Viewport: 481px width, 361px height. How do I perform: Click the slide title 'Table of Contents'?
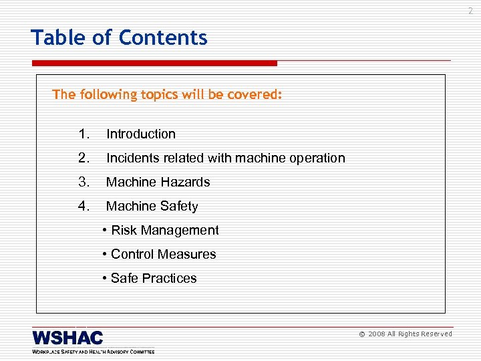coord(119,38)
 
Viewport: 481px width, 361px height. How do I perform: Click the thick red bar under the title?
coord(154,64)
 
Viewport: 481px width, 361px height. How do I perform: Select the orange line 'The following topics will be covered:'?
coord(167,95)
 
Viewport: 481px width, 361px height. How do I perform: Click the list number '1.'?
coord(84,134)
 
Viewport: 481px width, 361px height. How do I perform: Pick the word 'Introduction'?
coord(141,134)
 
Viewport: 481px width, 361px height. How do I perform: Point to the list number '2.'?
coord(84,158)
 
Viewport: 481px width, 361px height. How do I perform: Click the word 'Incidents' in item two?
coord(132,158)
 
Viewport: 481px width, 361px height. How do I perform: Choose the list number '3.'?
coord(84,183)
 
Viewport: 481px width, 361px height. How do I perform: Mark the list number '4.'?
coord(84,207)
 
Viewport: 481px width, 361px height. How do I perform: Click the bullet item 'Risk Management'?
coord(161,231)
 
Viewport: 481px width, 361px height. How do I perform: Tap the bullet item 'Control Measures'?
coord(160,255)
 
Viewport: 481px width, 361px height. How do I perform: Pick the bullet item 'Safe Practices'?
coord(150,279)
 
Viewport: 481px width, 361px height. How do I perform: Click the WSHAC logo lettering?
coord(67,337)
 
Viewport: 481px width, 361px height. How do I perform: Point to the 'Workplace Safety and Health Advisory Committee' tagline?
coord(93,351)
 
